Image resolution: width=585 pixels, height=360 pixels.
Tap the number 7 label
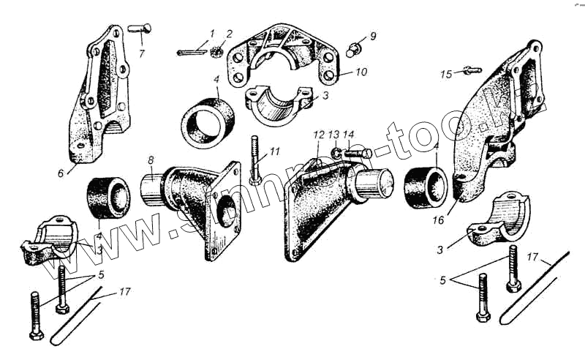point(142,53)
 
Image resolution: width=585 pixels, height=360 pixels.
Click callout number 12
point(318,135)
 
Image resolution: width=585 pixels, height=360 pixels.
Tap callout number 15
point(446,73)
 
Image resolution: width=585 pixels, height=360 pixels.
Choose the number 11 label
point(274,152)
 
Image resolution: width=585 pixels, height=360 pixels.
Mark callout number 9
point(372,35)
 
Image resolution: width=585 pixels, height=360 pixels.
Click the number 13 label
point(333,135)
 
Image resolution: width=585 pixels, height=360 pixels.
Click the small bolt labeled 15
point(471,71)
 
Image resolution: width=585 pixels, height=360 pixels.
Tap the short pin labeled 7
point(143,29)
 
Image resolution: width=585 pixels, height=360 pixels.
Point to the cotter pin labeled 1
point(192,52)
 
